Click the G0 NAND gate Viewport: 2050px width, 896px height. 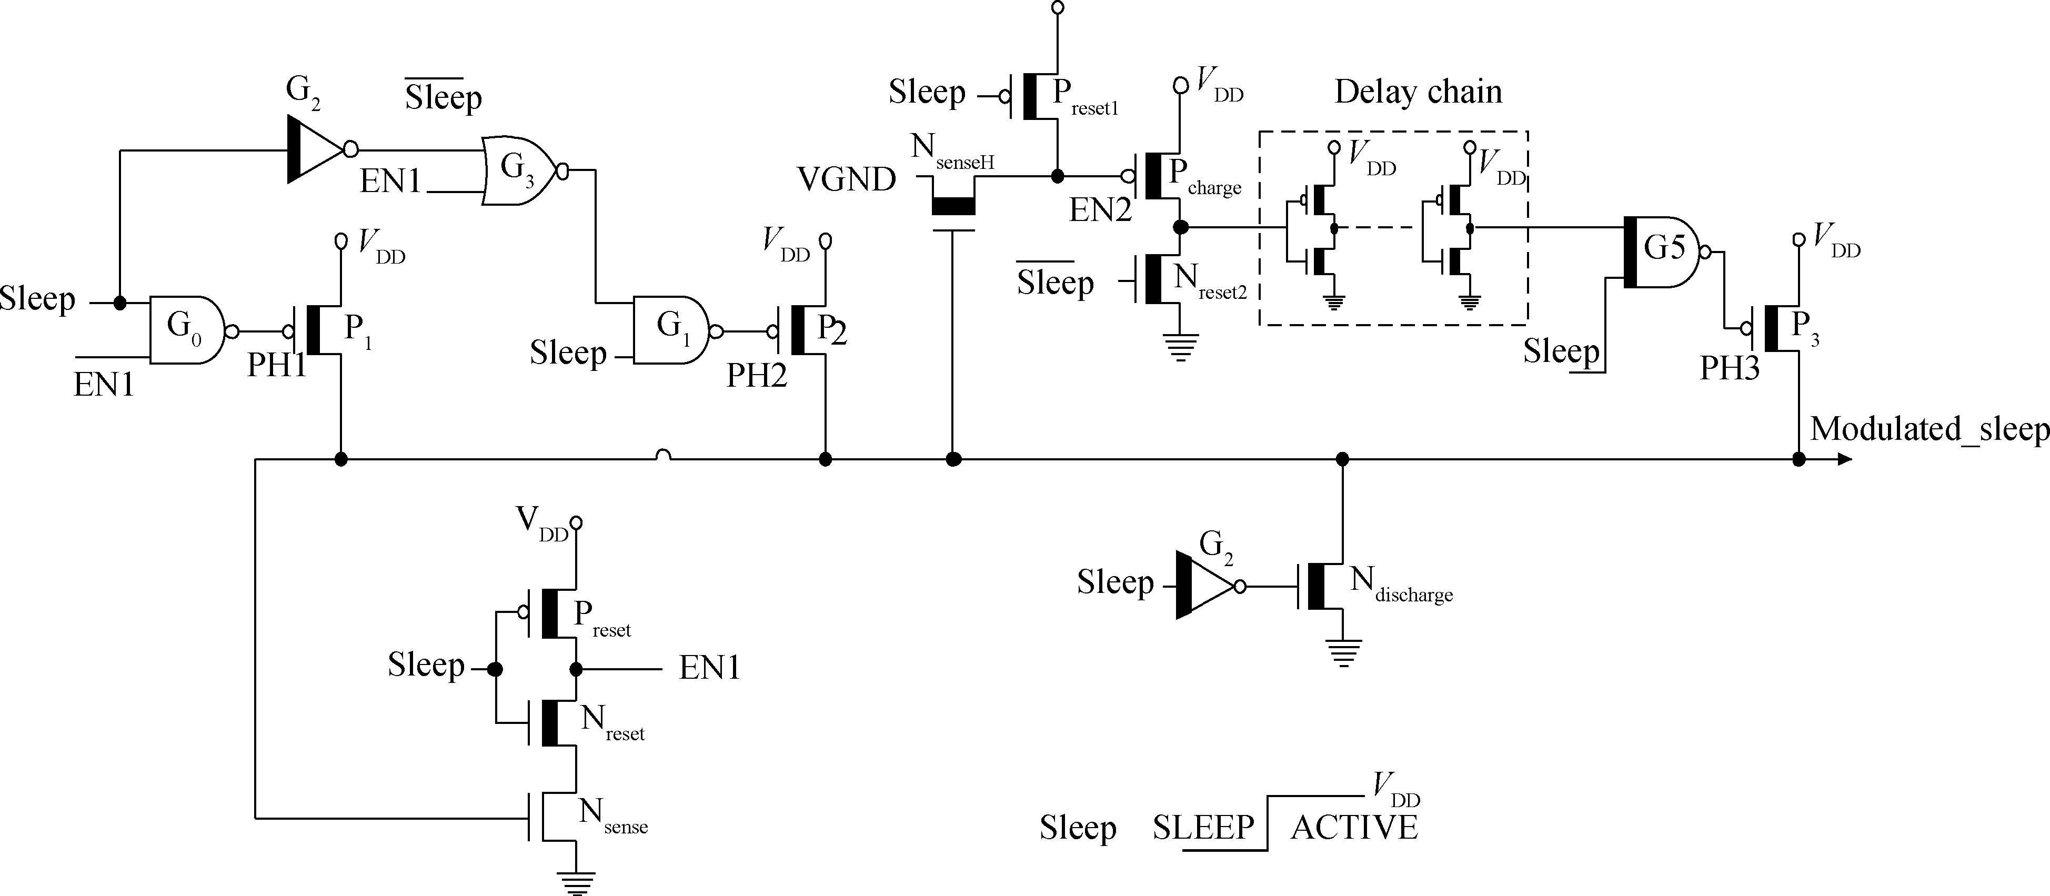click(x=185, y=330)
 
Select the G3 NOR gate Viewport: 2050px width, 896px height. click(x=519, y=171)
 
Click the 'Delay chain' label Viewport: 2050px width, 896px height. click(x=1418, y=92)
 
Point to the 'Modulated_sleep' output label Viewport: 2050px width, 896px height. click(x=1929, y=430)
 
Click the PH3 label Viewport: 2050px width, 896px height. click(x=1729, y=368)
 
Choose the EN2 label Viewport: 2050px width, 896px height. click(x=1100, y=210)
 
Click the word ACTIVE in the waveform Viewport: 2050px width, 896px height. click(x=1354, y=828)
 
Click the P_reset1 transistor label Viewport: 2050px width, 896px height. click(x=1084, y=97)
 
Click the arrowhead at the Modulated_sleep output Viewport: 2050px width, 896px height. click(x=1845, y=459)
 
